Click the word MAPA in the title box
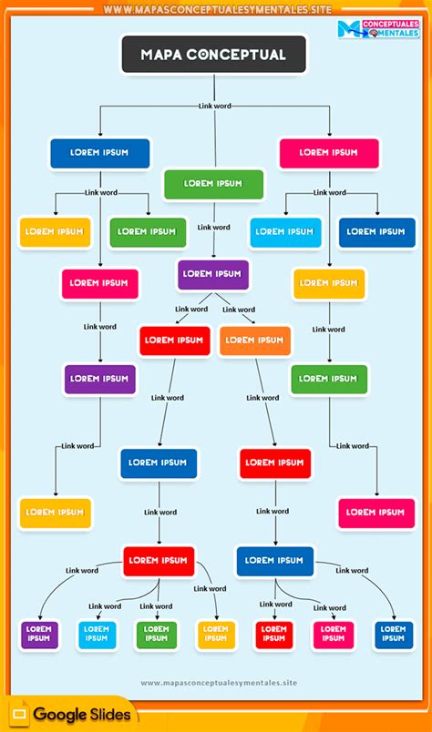point(161,55)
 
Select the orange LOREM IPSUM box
point(255,341)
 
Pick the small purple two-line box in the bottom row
point(39,635)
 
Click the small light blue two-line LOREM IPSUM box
point(97,635)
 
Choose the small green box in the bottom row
point(157,635)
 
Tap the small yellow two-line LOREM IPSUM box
point(217,635)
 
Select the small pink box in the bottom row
point(334,635)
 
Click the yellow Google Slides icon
point(20,715)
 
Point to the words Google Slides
point(82,715)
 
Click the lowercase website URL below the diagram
point(219,683)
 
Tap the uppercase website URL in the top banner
point(218,9)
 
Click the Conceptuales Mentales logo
point(379,29)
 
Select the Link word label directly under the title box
point(214,106)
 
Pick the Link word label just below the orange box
point(262,398)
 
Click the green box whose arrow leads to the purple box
point(213,185)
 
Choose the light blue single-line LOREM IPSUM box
point(285,232)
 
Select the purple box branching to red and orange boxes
point(213,275)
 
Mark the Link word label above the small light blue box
point(105,606)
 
